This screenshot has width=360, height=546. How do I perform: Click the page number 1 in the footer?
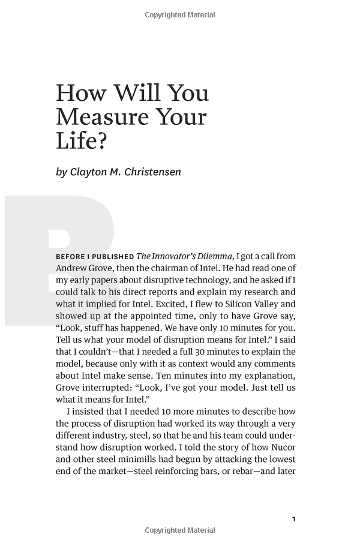pyautogui.click(x=293, y=519)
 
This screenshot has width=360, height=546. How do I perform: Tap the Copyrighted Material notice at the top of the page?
pyautogui.click(x=180, y=15)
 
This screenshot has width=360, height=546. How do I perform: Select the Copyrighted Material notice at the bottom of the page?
pyautogui.click(x=180, y=530)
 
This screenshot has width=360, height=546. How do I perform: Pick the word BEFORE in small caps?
pyautogui.click(x=70, y=257)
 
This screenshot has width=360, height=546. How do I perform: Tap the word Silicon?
pyautogui.click(x=238, y=304)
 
